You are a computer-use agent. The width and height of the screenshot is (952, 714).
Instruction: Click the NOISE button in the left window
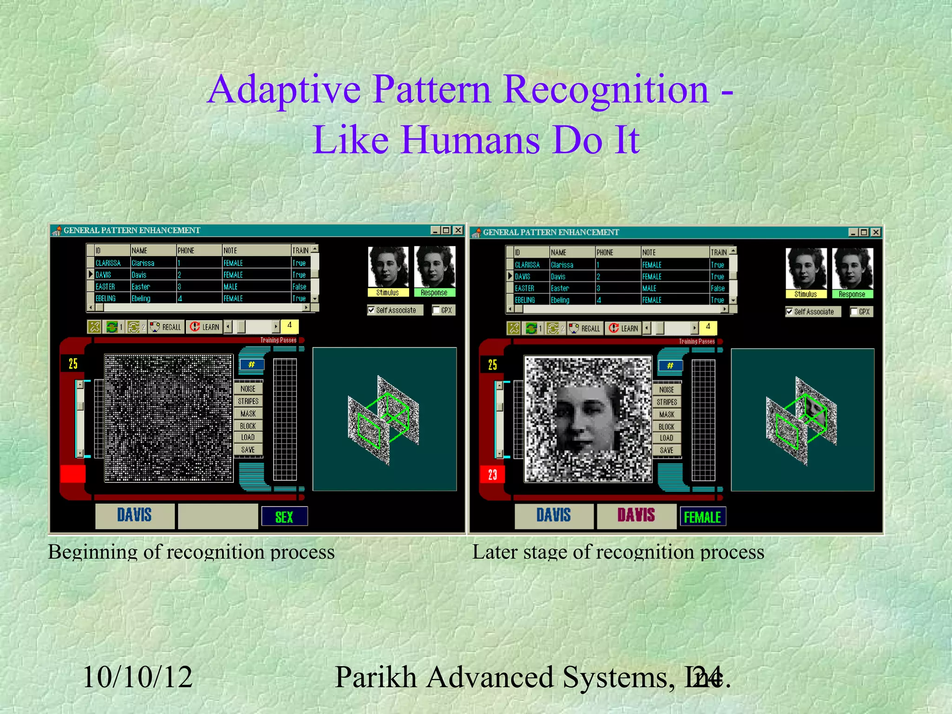tap(248, 389)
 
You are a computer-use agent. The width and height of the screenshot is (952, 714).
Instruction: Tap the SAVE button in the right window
tap(666, 450)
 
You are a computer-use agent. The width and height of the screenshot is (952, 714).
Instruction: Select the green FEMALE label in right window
tap(702, 517)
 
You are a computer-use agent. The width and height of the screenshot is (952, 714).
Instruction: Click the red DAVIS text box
tap(636, 516)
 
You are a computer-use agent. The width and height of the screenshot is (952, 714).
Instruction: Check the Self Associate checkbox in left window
tap(371, 310)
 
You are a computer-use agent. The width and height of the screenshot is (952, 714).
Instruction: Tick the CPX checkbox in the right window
tap(854, 312)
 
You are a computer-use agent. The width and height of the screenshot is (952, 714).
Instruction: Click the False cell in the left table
tap(299, 287)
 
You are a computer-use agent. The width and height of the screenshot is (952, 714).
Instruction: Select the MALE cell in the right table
tap(649, 289)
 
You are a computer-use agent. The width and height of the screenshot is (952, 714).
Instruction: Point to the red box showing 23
tap(492, 475)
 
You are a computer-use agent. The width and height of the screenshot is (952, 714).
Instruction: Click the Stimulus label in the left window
tap(387, 293)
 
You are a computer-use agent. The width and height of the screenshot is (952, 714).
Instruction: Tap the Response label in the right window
tap(852, 294)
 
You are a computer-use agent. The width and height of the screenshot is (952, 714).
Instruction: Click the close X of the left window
tap(458, 230)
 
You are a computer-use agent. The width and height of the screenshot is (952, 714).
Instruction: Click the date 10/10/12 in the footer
tap(137, 677)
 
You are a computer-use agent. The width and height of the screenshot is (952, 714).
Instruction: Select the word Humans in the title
tap(470, 139)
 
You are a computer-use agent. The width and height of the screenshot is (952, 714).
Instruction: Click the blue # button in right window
tap(670, 365)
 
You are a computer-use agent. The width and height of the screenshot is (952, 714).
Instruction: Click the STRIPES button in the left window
tap(248, 401)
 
